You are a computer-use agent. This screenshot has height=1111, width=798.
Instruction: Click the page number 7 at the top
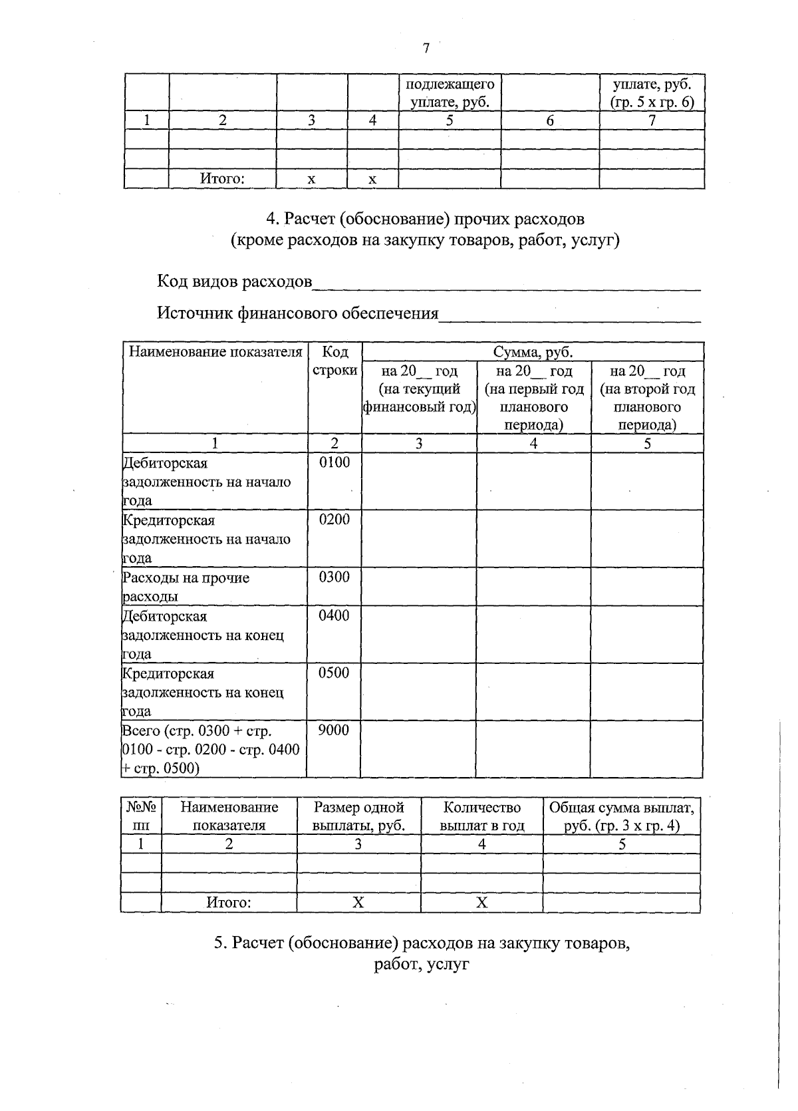click(426, 48)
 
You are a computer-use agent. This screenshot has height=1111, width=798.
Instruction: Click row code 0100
click(334, 462)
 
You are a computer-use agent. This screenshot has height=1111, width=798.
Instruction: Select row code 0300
click(334, 577)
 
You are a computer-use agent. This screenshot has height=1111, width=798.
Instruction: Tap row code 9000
click(333, 730)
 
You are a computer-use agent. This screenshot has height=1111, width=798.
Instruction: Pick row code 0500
click(334, 673)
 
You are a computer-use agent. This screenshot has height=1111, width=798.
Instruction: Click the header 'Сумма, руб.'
click(533, 352)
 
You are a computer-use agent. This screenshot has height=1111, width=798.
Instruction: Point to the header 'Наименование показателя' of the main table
click(215, 352)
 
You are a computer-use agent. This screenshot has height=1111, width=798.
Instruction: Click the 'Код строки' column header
click(334, 361)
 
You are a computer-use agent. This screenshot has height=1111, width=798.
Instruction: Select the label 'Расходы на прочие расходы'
click(186, 587)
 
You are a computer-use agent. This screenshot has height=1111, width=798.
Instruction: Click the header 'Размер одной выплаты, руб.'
click(358, 816)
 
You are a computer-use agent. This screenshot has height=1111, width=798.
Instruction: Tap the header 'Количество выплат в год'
click(481, 816)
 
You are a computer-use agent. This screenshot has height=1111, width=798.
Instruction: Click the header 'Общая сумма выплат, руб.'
click(621, 816)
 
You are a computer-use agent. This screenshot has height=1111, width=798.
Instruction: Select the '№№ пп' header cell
click(141, 816)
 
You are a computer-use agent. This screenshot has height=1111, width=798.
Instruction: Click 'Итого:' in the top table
click(222, 178)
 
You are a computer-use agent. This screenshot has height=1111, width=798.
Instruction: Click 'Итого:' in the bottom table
click(228, 902)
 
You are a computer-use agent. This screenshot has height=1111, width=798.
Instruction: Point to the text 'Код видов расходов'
click(234, 281)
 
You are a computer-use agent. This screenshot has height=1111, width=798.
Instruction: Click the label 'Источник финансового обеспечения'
click(297, 313)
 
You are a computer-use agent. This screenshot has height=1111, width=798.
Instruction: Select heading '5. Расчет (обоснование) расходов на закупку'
click(422, 943)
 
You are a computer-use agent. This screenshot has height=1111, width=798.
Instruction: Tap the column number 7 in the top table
click(652, 120)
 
